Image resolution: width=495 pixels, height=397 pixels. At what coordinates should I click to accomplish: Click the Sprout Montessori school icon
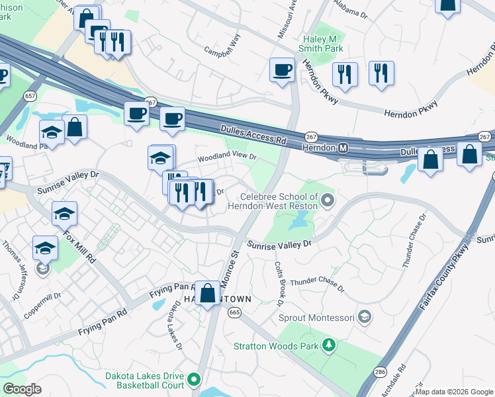tap(363, 316)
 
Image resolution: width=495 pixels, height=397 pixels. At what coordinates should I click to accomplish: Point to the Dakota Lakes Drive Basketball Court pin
tap(194, 380)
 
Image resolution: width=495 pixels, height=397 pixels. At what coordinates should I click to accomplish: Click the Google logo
tap(22, 388)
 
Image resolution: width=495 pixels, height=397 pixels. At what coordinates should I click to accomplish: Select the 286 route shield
tap(380, 373)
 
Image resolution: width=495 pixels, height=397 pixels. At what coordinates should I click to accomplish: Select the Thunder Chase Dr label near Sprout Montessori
tap(317, 285)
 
